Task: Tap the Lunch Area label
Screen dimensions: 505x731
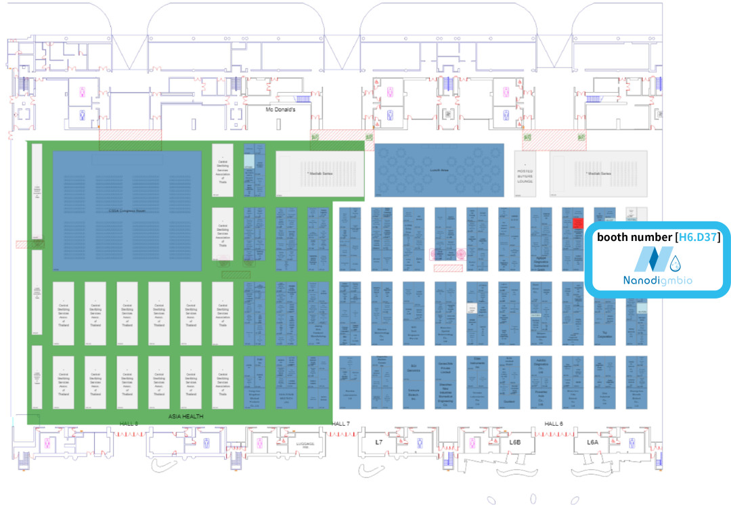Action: coord(440,171)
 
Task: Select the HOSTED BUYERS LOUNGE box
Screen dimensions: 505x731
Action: coord(525,174)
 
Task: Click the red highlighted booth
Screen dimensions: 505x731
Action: coord(578,223)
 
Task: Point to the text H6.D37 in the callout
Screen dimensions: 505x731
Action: coord(700,237)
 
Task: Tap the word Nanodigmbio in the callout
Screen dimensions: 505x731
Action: coord(657,280)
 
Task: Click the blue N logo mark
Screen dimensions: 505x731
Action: coord(648,261)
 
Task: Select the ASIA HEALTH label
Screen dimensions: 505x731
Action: coord(186,417)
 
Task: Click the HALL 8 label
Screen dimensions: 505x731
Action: coord(129,424)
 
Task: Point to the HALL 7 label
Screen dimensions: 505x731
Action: coord(341,424)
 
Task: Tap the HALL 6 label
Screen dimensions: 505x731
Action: coord(554,424)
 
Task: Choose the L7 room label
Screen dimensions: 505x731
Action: coord(379,442)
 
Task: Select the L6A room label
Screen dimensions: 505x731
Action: coord(593,442)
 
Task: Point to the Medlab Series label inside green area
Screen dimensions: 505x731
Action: coord(319,173)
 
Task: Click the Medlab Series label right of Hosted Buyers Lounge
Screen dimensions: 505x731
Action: coord(598,173)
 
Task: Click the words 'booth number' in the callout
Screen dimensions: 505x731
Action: coord(634,237)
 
